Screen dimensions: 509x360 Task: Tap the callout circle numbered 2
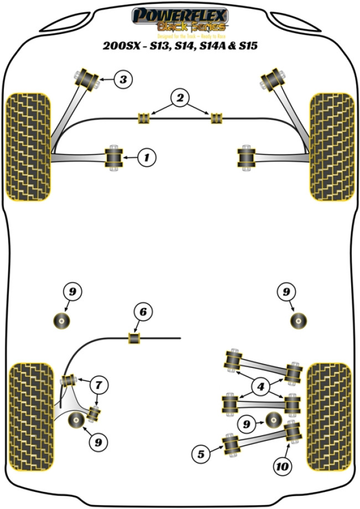(x=179, y=99)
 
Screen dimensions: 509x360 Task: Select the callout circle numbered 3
(x=123, y=80)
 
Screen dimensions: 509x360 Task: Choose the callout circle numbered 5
(x=201, y=455)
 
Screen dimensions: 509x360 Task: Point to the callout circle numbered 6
(x=143, y=313)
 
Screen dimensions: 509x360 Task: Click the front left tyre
(x=28, y=146)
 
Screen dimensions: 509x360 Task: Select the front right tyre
(x=331, y=146)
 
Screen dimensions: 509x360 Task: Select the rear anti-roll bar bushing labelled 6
(x=135, y=337)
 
